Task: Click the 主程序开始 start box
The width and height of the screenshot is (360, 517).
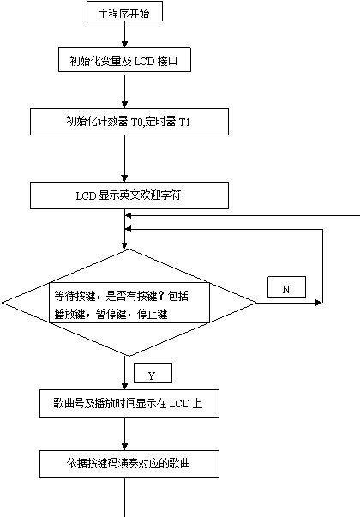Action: pyautogui.click(x=124, y=11)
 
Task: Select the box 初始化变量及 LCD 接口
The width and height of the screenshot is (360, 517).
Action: pyautogui.click(x=124, y=60)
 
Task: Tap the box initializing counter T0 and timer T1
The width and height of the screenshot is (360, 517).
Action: pyautogui.click(x=129, y=122)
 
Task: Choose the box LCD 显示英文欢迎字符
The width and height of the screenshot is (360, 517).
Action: pyautogui.click(x=129, y=195)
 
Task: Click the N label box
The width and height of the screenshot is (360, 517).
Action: pyautogui.click(x=286, y=287)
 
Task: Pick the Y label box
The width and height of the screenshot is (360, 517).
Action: pyautogui.click(x=153, y=373)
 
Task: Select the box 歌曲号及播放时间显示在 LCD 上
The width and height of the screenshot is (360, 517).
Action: pyautogui.click(x=129, y=403)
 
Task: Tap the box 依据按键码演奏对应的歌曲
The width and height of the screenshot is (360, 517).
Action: pyautogui.click(x=129, y=464)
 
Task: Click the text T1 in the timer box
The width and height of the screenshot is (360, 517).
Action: pyautogui.click(x=184, y=123)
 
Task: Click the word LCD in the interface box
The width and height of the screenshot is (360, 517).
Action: pyautogui.click(x=144, y=61)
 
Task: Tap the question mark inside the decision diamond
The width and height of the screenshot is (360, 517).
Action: pyautogui.click(x=161, y=296)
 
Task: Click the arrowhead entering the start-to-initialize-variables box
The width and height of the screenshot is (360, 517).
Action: pyautogui.click(x=124, y=44)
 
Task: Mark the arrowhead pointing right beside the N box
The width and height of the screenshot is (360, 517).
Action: pyautogui.click(x=319, y=303)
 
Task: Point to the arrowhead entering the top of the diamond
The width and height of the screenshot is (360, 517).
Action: pyautogui.click(x=124, y=245)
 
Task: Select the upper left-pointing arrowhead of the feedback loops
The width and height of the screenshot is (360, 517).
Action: pyautogui.click(x=129, y=216)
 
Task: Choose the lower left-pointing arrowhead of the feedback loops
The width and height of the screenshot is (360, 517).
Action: pyautogui.click(x=129, y=229)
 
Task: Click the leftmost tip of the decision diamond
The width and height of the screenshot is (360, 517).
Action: pyautogui.click(x=3, y=303)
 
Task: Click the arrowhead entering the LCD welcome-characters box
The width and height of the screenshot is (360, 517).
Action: pyautogui.click(x=124, y=178)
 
